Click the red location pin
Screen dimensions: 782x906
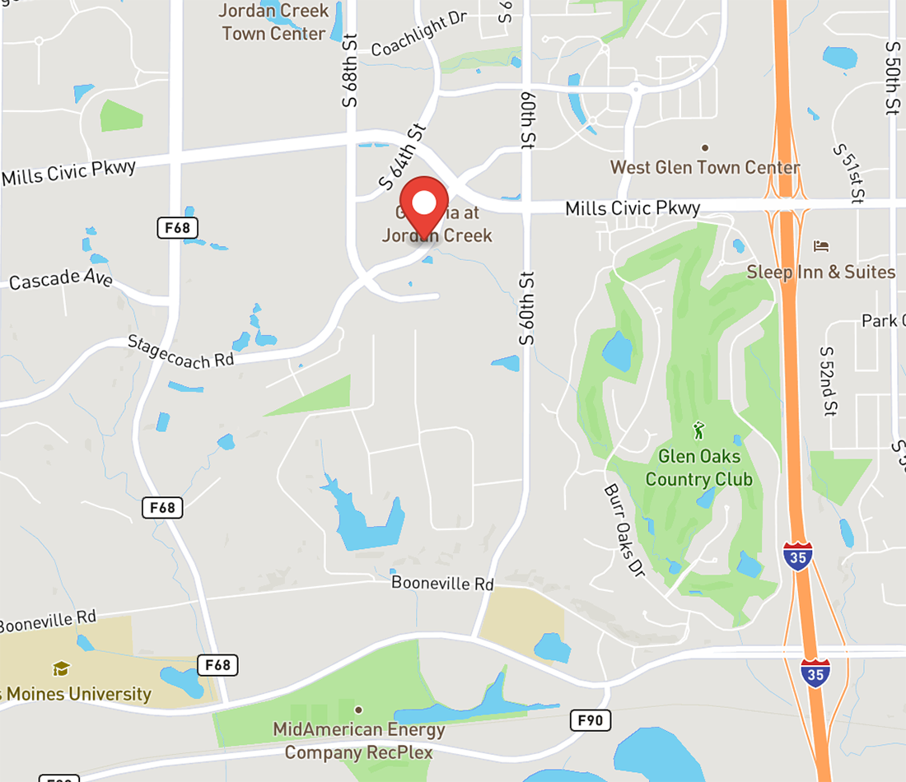coord(424,206)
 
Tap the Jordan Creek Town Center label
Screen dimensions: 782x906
coord(274,22)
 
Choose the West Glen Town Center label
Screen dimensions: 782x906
coord(705,167)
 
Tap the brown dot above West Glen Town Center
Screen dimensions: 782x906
coord(705,147)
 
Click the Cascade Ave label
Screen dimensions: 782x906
coord(61,279)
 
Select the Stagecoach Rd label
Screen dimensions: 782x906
coord(180,350)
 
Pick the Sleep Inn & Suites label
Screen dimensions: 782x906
coord(820,272)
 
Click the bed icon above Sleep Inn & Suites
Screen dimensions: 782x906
coord(820,246)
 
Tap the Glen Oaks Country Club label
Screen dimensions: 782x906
coord(699,468)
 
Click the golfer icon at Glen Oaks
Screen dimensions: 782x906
coord(699,430)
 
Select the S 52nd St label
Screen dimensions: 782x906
coord(829,380)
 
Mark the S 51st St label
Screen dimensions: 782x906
coord(848,173)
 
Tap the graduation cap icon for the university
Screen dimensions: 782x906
coord(61,668)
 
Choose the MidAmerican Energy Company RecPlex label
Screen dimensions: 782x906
coord(358,741)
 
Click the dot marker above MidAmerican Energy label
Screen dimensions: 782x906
coord(358,710)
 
